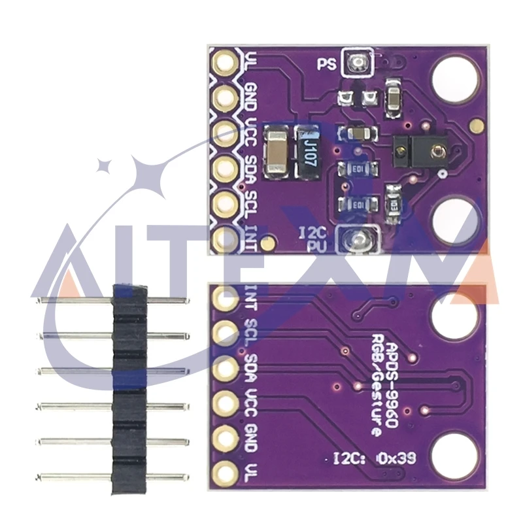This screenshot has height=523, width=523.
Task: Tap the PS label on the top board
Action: click(327, 64)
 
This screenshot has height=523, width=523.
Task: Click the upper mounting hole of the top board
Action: click(454, 73)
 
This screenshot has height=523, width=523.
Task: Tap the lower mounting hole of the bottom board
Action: click(452, 450)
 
